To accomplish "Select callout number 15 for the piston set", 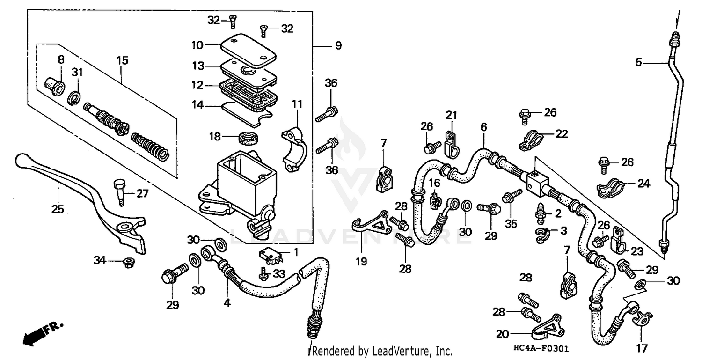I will click(122, 60).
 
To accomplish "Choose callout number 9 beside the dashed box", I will click(337, 46).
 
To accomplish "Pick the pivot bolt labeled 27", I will click(118, 191).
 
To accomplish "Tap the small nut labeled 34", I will click(128, 263).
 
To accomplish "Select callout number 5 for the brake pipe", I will click(639, 62).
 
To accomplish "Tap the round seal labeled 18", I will click(249, 138).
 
